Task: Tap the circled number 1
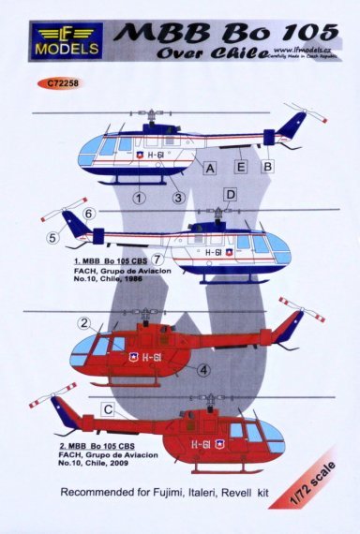point(138,198)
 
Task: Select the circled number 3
point(175,198)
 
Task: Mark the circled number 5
point(52,238)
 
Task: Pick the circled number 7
point(158,260)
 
